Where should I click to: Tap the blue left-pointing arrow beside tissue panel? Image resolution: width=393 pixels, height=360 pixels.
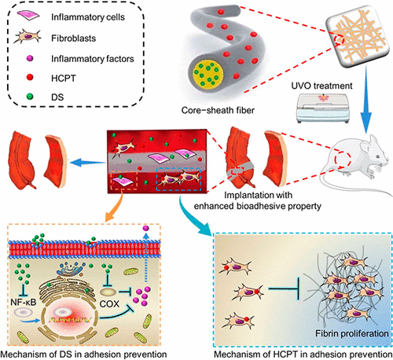point(88,159)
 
